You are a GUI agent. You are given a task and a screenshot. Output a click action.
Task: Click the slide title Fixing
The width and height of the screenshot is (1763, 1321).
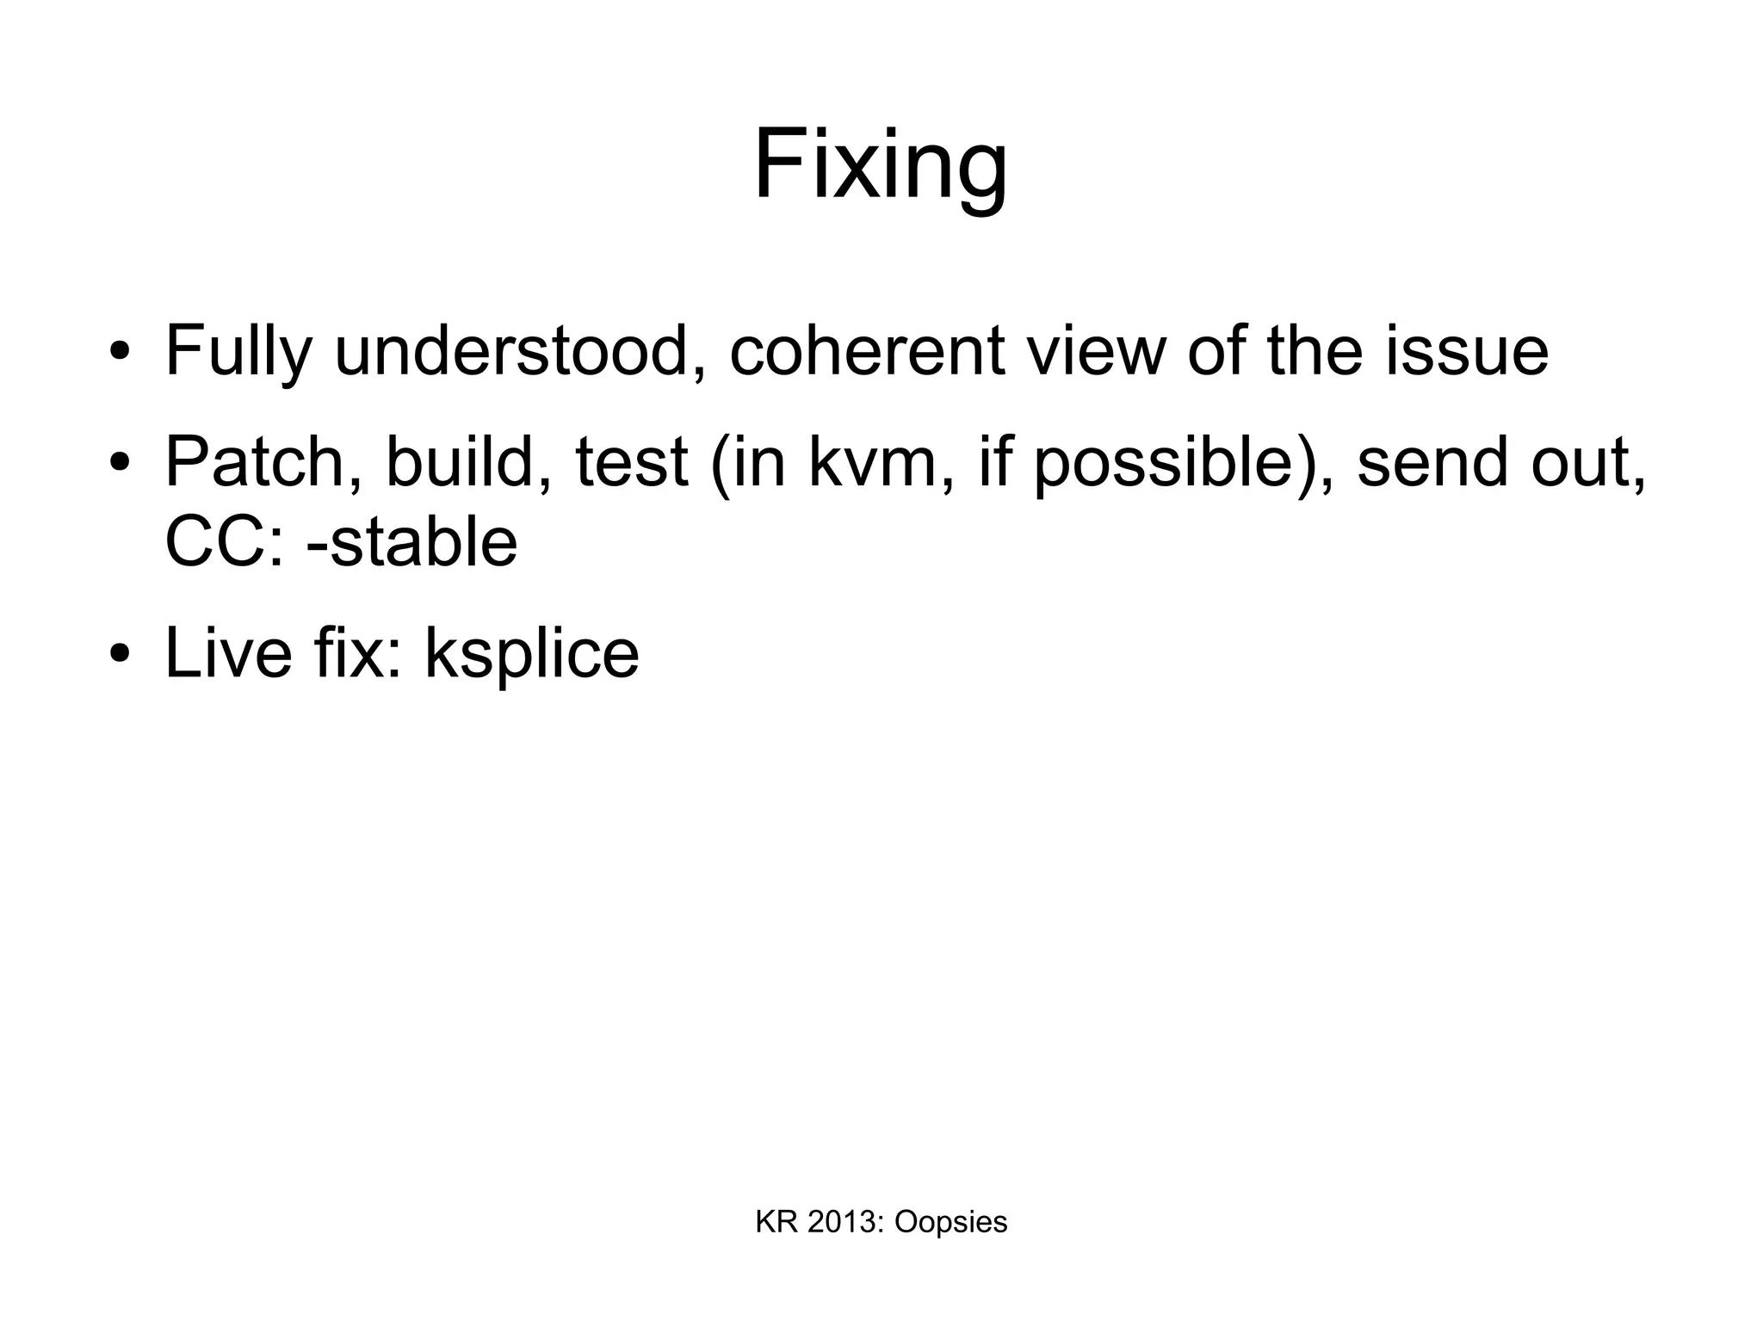click(x=880, y=165)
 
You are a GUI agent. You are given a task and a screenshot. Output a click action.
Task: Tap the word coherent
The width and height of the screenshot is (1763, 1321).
click(x=867, y=351)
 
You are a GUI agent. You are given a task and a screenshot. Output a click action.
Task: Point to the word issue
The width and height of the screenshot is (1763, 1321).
click(x=1466, y=351)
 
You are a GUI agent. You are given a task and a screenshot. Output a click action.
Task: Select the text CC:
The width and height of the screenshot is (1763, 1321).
click(x=224, y=543)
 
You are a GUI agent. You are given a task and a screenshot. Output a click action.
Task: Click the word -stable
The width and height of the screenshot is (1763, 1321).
click(x=411, y=543)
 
